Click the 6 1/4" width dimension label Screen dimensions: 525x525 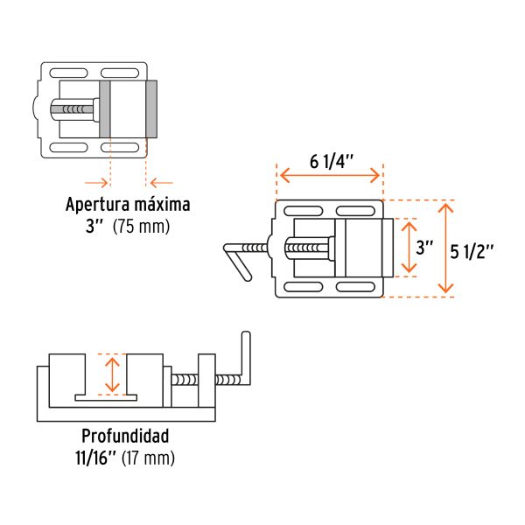click(x=331, y=161)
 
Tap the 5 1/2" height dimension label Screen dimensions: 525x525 click(x=472, y=249)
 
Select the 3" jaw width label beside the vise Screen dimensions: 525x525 click(x=425, y=248)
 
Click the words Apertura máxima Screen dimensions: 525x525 click(x=128, y=206)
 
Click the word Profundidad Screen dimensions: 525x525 click(x=125, y=436)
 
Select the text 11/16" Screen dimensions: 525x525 click(x=95, y=457)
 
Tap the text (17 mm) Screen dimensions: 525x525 click(x=148, y=457)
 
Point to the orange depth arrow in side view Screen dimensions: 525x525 click(x=110, y=374)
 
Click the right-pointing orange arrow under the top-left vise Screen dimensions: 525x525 click(x=97, y=182)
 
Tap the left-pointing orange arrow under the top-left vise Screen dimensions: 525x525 click(x=160, y=182)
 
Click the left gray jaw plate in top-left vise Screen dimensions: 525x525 click(x=105, y=109)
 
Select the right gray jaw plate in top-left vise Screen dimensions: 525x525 click(x=151, y=109)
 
